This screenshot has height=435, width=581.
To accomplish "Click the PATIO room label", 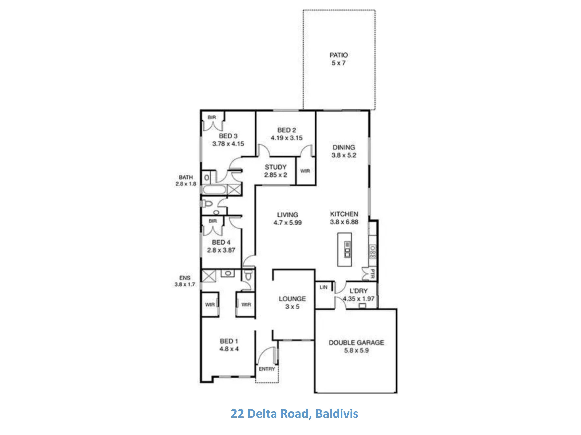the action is (339, 55).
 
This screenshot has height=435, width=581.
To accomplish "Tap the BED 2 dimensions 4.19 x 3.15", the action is (287, 138).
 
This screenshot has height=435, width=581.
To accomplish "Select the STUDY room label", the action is (276, 167).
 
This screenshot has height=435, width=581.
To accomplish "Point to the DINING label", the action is (344, 147).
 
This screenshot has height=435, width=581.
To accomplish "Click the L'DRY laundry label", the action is (359, 291).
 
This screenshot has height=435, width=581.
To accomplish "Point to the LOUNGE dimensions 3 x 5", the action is (292, 306).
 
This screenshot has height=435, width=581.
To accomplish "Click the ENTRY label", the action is (267, 369).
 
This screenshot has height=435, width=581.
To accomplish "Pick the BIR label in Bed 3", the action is (212, 118).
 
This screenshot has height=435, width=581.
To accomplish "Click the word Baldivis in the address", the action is (337, 414).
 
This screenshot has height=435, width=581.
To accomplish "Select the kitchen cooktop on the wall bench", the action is (373, 251).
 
